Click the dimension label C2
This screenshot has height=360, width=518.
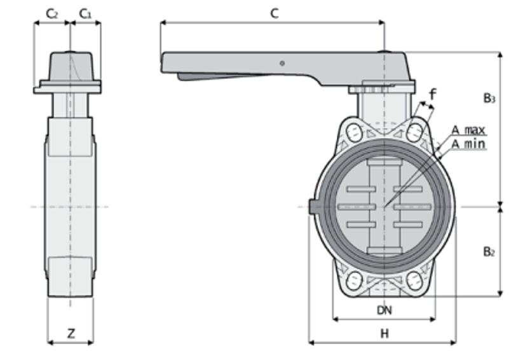[52, 13]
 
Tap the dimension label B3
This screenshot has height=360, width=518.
[489, 98]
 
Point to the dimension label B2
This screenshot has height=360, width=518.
[488, 252]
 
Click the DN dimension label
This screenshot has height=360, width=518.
[384, 310]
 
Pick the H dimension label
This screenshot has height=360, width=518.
[384, 333]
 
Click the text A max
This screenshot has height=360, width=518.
[469, 130]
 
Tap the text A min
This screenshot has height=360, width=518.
[468, 144]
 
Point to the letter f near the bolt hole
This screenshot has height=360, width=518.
[433, 95]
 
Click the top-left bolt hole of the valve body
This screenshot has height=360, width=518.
[353, 133]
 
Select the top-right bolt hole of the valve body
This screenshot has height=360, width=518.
[414, 132]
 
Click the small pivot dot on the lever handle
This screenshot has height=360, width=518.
[282, 62]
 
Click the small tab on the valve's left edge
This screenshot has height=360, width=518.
[313, 207]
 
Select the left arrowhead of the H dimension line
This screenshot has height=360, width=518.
[311, 342]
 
